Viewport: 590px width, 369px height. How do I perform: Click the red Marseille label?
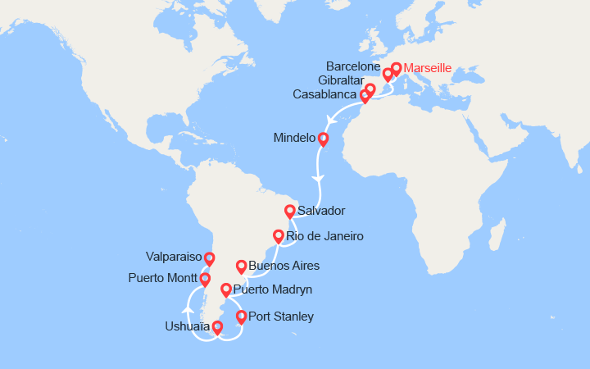tap(429, 69)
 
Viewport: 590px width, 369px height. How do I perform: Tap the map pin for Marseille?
tap(397, 70)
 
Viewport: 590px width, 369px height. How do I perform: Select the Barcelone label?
tap(353, 65)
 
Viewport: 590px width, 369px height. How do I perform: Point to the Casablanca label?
tap(325, 95)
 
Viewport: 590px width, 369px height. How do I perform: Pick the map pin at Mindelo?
tap(323, 139)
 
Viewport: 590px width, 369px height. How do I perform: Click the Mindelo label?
tap(294, 139)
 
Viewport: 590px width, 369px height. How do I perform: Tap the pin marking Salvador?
tap(289, 211)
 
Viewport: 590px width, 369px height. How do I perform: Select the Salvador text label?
tap(322, 211)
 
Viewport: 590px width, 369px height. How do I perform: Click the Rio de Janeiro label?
tap(325, 236)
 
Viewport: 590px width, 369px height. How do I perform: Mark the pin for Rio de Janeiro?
tap(279, 237)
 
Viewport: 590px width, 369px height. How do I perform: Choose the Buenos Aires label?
tap(284, 266)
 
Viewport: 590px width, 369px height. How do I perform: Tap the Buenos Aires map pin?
tap(241, 266)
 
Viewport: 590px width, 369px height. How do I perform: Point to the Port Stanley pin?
tap(241, 317)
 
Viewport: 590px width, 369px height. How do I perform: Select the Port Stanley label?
tap(280, 317)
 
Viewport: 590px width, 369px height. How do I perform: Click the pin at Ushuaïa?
tap(216, 328)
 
